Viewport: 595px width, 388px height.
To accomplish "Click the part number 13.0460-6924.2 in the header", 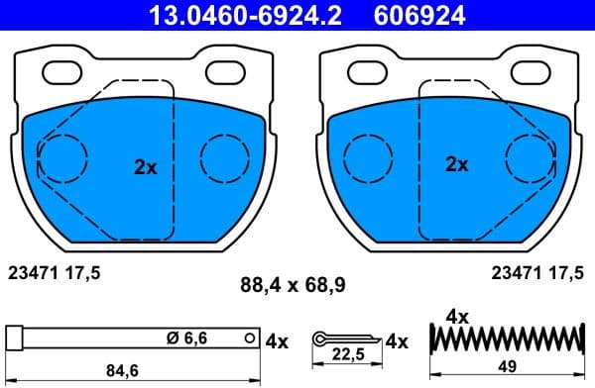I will click(x=241, y=15).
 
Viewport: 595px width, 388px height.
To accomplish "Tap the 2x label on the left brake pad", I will click(x=146, y=167).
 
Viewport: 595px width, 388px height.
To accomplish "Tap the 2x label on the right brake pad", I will click(x=456, y=165).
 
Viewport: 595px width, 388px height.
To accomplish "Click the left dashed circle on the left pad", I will click(x=61, y=157).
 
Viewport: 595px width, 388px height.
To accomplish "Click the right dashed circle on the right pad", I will click(x=531, y=157).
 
